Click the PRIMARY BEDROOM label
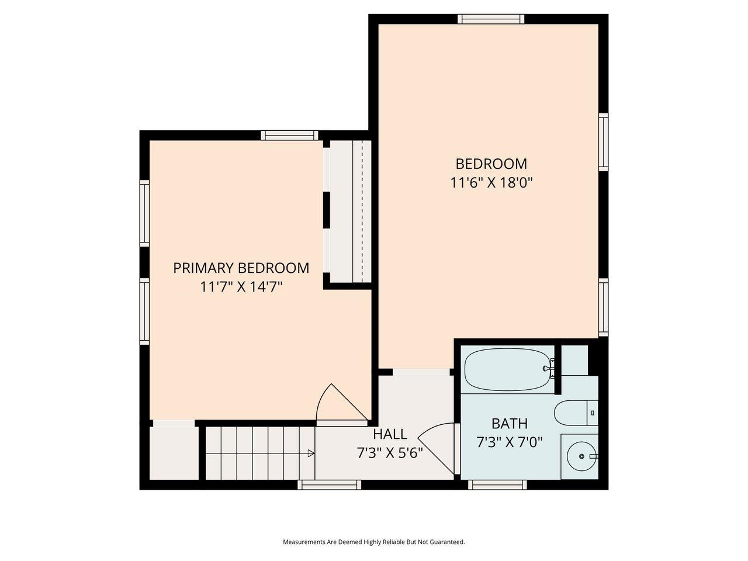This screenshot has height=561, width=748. coord(241,268)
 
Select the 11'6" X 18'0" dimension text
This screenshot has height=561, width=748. coord(491,183)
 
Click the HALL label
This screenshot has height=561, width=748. coord(390,434)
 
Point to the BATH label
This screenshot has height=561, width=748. coord(509,423)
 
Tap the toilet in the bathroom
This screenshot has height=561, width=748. coord(575,413)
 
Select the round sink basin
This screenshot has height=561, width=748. coord(580,456)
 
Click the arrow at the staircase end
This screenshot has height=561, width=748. coord(311,453)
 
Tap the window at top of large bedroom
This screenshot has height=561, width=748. coord(491,19)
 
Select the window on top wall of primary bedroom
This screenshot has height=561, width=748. coord(290,136)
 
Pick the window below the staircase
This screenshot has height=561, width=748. coord(329,484)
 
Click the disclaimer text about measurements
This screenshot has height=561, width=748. coord(374,542)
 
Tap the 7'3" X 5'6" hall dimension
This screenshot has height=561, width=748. coord(390,453)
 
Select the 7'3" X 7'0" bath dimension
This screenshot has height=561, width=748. coord(509,442)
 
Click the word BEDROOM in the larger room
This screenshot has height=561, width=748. coord(491,164)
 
